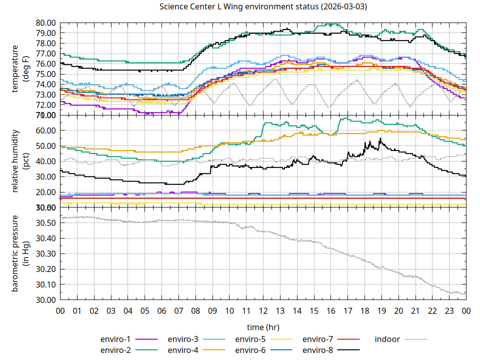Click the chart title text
tap(263, 7)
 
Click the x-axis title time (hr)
tap(263, 327)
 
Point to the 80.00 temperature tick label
tap(45, 23)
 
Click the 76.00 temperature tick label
tap(45, 64)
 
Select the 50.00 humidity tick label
tap(45, 146)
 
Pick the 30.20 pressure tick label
tap(45, 269)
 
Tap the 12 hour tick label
tap(263, 311)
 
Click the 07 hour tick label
tap(178, 311)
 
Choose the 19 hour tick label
tap(381, 311)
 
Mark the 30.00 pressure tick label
tap(45, 300)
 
